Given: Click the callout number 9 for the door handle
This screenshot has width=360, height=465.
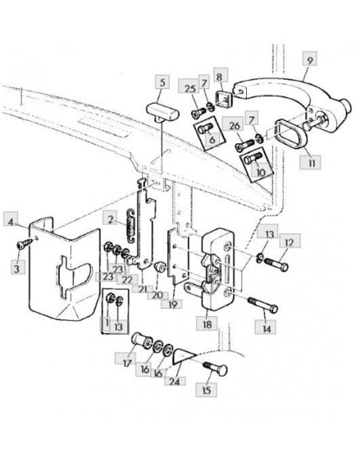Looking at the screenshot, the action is (x=310, y=61).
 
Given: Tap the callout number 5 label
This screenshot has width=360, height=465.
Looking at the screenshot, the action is (x=162, y=82).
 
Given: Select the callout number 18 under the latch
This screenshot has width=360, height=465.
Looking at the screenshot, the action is (x=207, y=324).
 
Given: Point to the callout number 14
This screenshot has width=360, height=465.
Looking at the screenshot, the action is (x=267, y=329).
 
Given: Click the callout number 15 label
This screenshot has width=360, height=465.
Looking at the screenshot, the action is (x=206, y=389).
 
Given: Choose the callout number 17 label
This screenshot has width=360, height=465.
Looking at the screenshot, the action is (x=127, y=363).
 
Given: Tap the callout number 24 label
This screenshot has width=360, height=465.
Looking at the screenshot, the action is (x=174, y=381).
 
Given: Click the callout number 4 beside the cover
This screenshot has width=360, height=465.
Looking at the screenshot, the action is (x=10, y=221).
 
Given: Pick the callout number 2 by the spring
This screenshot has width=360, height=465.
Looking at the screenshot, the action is (x=111, y=220).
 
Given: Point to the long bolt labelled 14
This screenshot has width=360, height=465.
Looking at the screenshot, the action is (x=263, y=305).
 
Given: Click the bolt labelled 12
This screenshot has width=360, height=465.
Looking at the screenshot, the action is (x=276, y=264).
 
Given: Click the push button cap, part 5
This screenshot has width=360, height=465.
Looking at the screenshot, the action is (x=163, y=112).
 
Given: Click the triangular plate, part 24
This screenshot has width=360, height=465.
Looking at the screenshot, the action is (x=183, y=356).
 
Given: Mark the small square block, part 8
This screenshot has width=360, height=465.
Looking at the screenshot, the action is (x=224, y=99).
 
